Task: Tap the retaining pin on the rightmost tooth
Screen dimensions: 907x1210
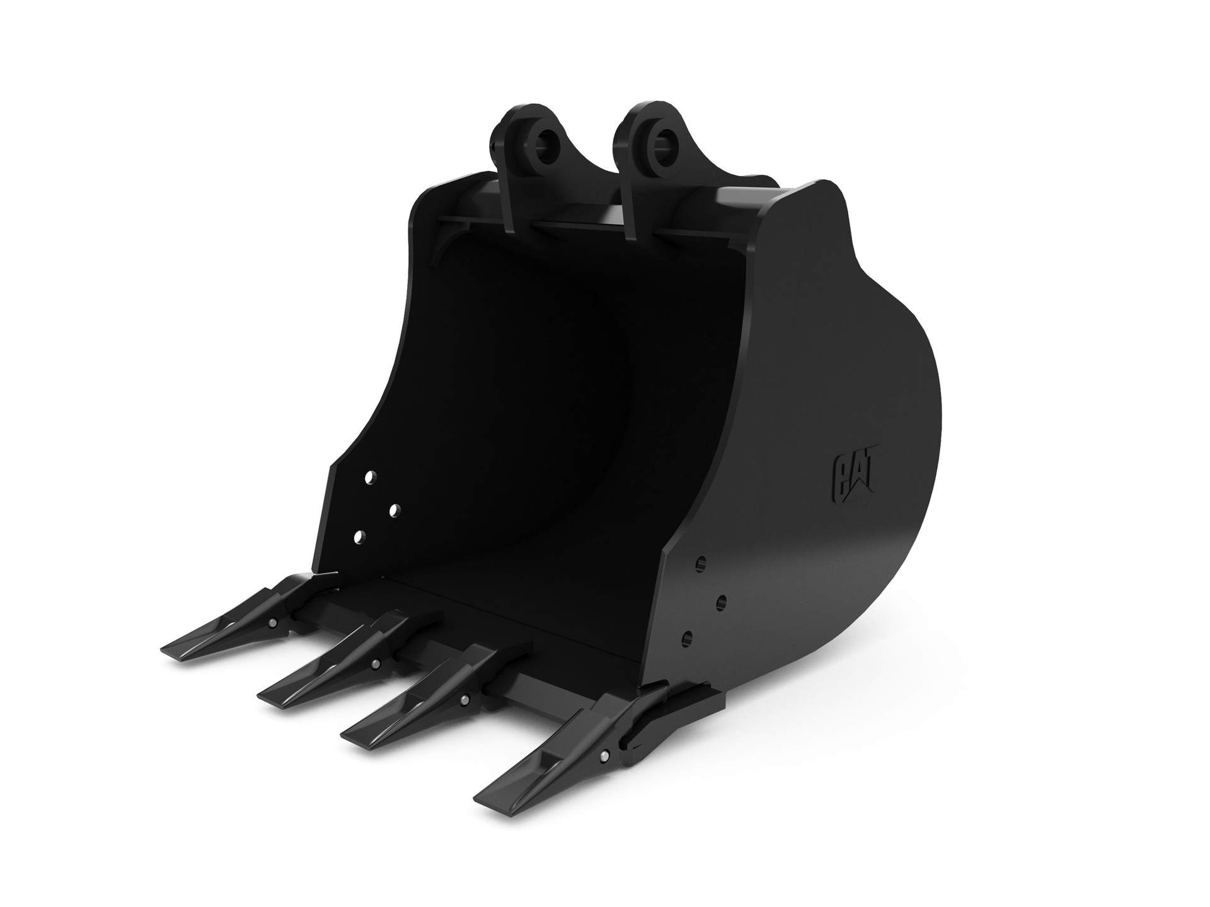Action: [x=605, y=755]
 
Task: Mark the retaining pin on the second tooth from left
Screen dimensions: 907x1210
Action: [x=375, y=663]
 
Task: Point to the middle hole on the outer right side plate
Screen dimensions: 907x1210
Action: [x=723, y=600]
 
